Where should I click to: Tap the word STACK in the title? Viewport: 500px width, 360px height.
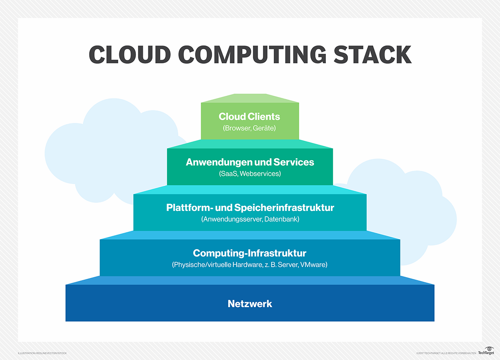(x=372, y=55)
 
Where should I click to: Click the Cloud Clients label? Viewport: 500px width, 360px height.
(x=250, y=117)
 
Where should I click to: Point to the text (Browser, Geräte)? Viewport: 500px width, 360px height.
(x=250, y=128)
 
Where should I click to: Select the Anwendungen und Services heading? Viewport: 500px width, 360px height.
(x=250, y=162)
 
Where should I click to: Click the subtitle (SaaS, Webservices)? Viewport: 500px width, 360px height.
(x=250, y=173)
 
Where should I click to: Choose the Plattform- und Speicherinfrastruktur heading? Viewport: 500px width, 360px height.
(x=250, y=207)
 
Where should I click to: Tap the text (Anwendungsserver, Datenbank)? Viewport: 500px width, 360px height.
(x=250, y=219)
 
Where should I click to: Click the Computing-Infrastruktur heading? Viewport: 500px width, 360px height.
(x=250, y=253)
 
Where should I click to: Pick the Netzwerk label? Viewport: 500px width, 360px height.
(x=250, y=304)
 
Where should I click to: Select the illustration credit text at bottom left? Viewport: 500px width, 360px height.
(x=42, y=353)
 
